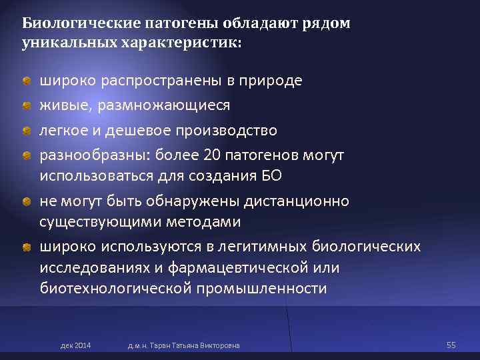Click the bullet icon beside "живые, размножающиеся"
tap(25, 105)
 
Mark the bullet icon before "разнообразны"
tap(25, 155)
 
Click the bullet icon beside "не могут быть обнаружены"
tap(25, 201)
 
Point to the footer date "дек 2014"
tap(76, 345)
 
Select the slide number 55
tap(451, 345)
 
